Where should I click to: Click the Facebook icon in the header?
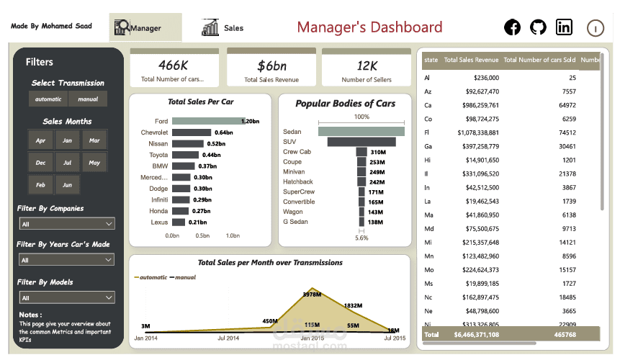click(512, 27)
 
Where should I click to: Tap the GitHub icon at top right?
click(538, 27)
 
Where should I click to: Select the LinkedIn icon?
click(564, 27)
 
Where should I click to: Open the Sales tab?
click(224, 28)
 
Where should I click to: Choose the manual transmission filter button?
click(88, 99)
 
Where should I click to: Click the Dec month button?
click(40, 163)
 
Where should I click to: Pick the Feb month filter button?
click(40, 185)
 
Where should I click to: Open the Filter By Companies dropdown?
click(66, 224)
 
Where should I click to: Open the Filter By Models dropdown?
click(66, 297)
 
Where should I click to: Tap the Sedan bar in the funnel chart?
click(361, 132)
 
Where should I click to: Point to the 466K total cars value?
click(173, 66)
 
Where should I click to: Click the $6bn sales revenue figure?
click(271, 66)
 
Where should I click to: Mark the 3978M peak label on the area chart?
click(312, 294)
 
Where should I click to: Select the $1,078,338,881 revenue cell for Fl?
click(477, 132)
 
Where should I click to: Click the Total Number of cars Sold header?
click(539, 60)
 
